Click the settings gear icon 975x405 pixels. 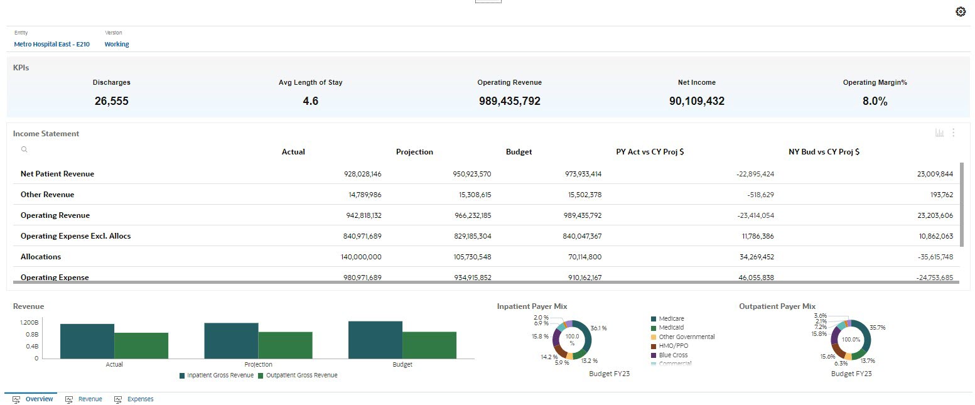(960, 12)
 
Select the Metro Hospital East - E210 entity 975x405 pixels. (51, 45)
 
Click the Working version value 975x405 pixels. (117, 45)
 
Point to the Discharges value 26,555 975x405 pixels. (112, 101)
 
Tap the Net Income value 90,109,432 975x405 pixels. (696, 101)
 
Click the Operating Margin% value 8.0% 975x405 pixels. (875, 101)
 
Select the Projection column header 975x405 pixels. (414, 152)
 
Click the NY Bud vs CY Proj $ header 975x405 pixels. (824, 152)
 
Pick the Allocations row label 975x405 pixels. (42, 257)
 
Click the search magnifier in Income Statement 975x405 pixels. (24, 149)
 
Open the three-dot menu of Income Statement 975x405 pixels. (953, 132)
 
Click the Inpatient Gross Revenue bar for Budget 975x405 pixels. (375, 340)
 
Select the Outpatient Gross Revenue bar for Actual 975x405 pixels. (141, 345)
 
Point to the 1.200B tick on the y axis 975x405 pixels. (28, 322)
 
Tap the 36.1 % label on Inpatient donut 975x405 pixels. (598, 328)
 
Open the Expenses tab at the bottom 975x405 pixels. (139, 399)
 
